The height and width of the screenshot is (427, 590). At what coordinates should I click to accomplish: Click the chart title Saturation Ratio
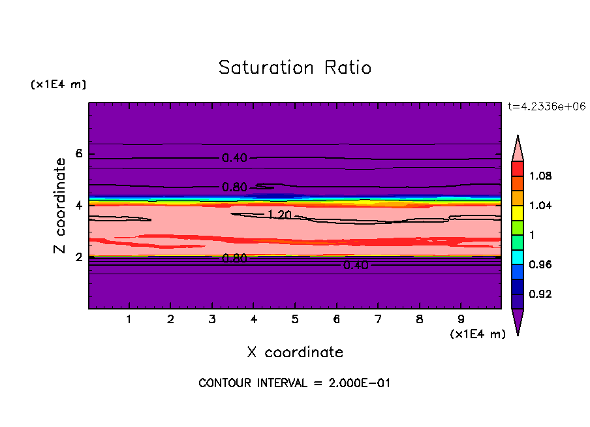coord(295,68)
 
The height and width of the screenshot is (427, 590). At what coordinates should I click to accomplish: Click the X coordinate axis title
coord(295,353)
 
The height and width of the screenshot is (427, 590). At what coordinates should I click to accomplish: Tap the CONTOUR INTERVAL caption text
coord(294,383)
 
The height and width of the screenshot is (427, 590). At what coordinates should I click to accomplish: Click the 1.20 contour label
coord(280,214)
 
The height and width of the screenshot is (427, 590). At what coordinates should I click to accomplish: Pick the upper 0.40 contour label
coord(235,157)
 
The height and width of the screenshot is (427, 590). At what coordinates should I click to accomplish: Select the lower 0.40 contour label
coord(356,265)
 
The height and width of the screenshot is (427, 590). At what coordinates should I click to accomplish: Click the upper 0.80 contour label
coord(235,187)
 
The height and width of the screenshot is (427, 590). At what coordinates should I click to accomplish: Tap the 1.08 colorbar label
coord(542,176)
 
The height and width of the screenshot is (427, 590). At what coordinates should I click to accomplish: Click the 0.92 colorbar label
coord(542,294)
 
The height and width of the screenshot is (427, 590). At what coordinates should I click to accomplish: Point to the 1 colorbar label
coord(533,235)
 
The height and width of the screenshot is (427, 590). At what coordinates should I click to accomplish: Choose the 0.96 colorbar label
coord(542,264)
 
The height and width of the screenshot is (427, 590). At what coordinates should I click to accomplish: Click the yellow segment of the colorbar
coord(518,212)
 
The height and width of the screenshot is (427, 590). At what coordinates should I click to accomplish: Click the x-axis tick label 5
coord(295,321)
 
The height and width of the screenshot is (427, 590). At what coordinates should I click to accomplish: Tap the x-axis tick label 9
coord(461,321)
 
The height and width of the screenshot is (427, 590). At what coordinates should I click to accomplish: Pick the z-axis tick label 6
coord(79,154)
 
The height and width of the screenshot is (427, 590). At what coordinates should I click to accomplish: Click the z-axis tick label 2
coord(79,257)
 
